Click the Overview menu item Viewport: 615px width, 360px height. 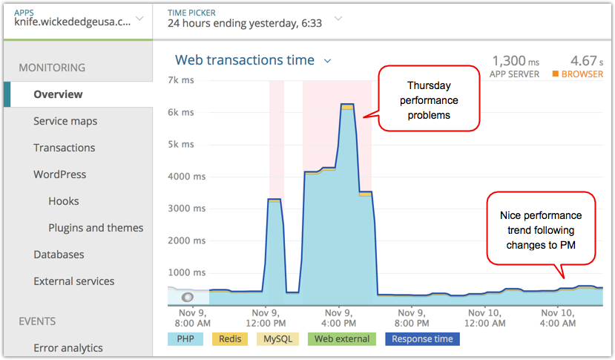click(58, 94)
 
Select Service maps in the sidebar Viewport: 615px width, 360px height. click(65, 121)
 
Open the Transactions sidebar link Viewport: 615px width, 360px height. click(65, 148)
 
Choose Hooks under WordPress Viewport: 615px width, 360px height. click(64, 201)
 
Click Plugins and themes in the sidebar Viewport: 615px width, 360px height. click(96, 228)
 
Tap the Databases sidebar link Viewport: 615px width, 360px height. click(59, 255)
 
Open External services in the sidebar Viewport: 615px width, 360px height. click(74, 281)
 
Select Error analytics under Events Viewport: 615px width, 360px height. click(68, 348)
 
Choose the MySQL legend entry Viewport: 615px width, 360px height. click(277, 339)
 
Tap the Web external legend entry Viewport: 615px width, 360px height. click(341, 339)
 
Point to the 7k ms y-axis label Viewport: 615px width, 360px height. click(181, 79)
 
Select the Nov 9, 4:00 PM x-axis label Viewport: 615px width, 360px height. click(338, 318)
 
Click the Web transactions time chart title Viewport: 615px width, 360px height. click(245, 60)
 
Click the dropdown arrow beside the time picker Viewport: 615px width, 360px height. click(338, 18)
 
